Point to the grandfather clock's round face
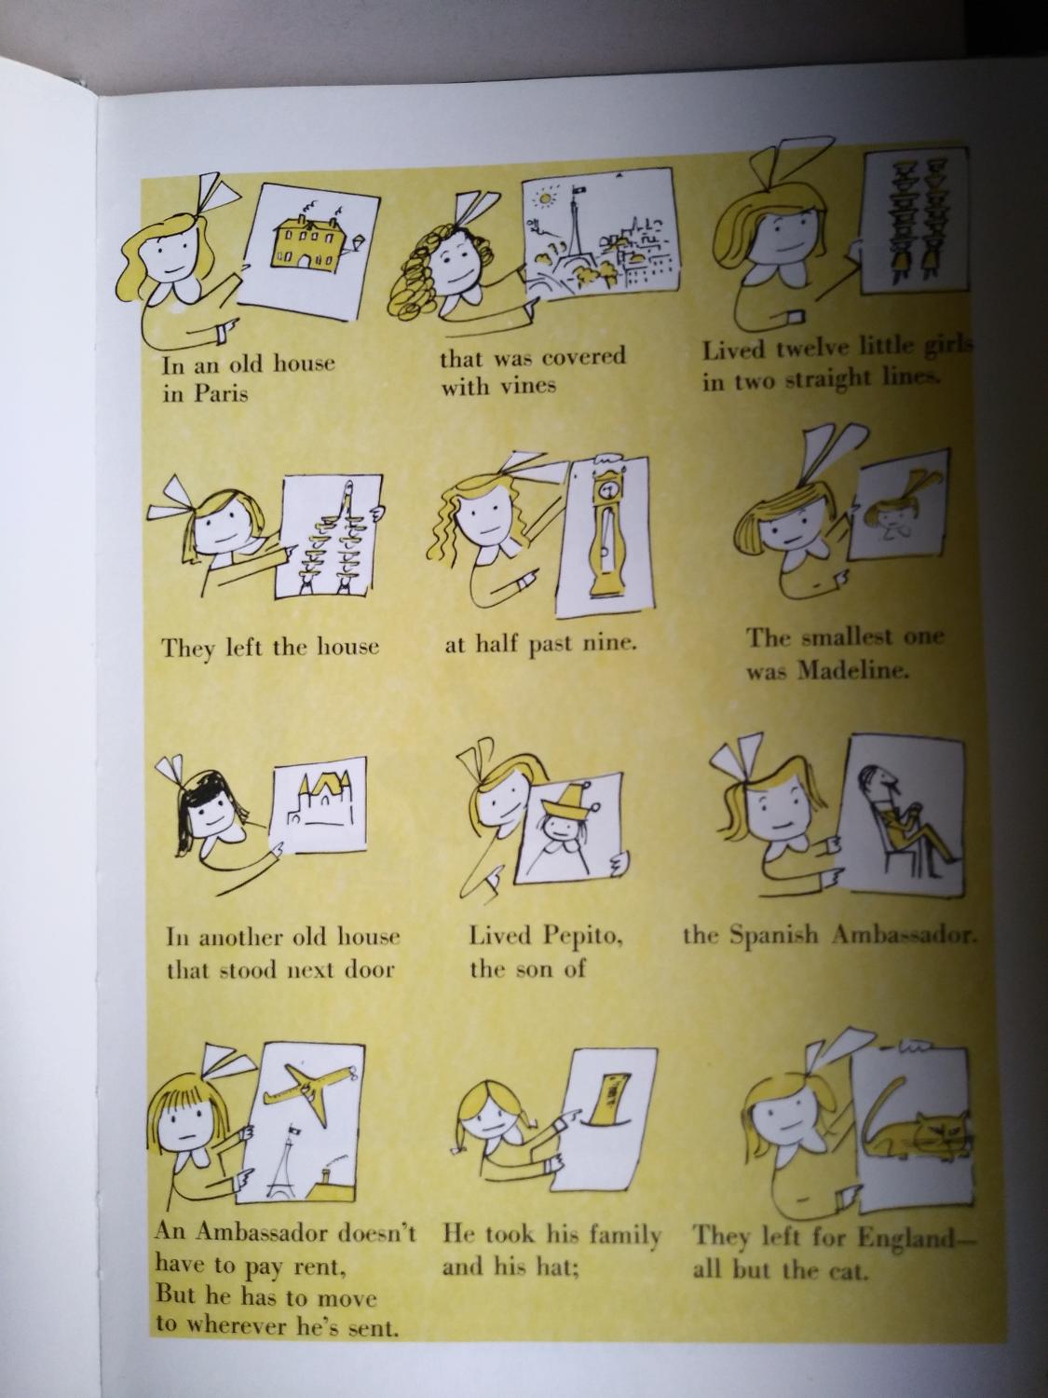click(x=609, y=489)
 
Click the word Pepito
click(x=581, y=937)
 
